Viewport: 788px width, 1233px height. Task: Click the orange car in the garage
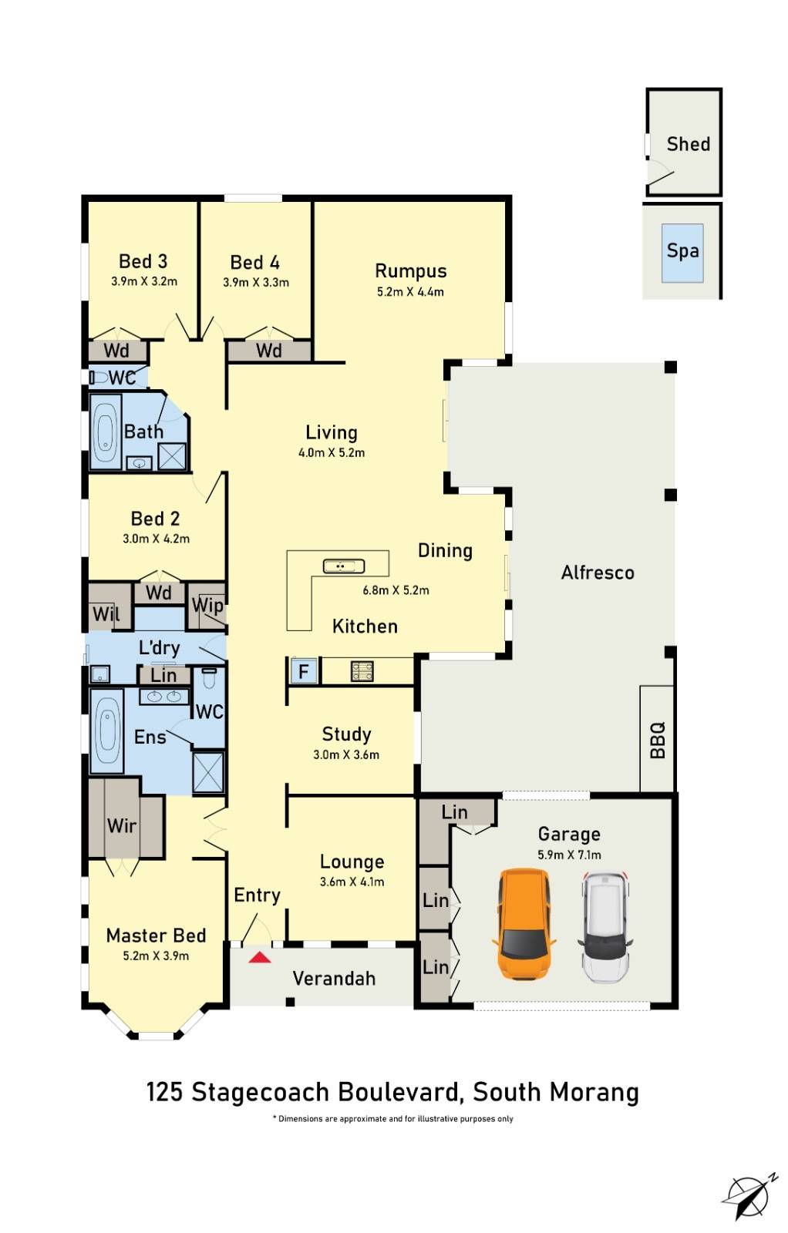[x=524, y=923]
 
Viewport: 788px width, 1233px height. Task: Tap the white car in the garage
[x=605, y=927]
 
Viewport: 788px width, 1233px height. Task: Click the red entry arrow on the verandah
[x=260, y=958]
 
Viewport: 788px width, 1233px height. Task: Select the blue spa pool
[x=682, y=252]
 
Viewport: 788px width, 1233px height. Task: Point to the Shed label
[x=688, y=144]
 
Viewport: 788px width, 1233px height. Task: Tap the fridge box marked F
[x=303, y=671]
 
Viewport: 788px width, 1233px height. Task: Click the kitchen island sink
[x=343, y=566]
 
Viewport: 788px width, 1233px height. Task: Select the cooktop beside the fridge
[x=362, y=671]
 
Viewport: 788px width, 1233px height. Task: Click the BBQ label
[x=658, y=740]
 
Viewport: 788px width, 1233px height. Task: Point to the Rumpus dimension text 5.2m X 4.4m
[x=410, y=292]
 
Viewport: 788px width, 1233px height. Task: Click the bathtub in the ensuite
[x=106, y=730]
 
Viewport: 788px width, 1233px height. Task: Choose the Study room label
[x=346, y=734]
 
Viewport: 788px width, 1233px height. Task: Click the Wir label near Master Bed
[x=122, y=826]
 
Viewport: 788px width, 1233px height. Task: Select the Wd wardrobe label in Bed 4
[x=268, y=351]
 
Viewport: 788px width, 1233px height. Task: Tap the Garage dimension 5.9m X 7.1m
[x=569, y=855]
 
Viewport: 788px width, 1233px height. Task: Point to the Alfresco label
[x=598, y=573]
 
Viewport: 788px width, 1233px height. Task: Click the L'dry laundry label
[x=159, y=648]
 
